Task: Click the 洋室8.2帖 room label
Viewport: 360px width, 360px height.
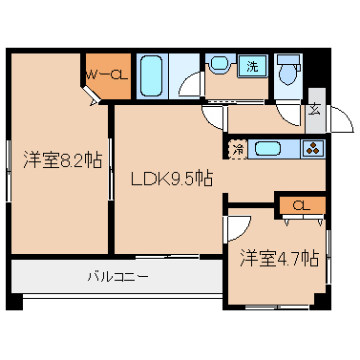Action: (x=63, y=160)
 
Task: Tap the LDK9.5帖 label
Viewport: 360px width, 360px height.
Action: (x=172, y=179)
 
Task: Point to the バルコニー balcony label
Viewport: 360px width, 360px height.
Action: (x=117, y=276)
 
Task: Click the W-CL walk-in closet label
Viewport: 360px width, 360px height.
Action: (x=107, y=75)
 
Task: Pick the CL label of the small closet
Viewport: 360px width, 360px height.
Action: (x=302, y=206)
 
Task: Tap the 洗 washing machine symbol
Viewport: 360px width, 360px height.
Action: (x=252, y=67)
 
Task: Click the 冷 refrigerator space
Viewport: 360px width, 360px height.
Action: (x=239, y=150)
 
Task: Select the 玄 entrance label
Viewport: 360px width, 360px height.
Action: (x=315, y=110)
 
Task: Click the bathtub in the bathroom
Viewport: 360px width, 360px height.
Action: (x=151, y=76)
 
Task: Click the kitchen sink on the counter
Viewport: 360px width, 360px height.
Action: (x=267, y=149)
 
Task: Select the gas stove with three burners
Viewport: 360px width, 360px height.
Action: (x=313, y=149)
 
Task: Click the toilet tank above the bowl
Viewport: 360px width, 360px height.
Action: (x=288, y=60)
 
